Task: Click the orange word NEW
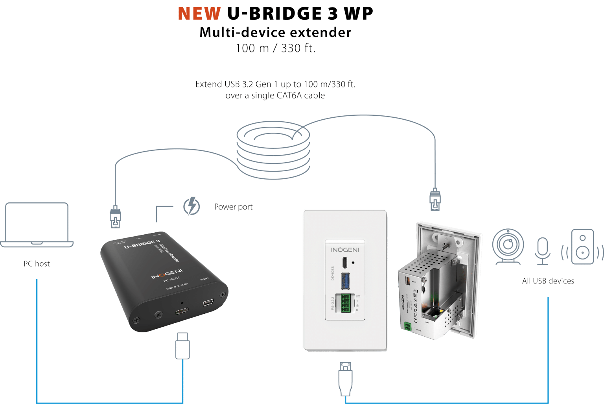point(199,13)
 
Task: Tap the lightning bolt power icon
point(192,206)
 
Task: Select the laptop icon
point(37,225)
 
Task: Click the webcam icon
point(508,246)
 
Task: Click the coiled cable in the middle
point(273,150)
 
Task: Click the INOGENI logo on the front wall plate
point(345,250)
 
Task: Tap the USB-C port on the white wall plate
point(344,262)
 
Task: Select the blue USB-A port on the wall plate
point(345,280)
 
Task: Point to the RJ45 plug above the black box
point(115,217)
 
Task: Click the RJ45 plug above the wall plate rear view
point(435,199)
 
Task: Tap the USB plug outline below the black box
point(182,346)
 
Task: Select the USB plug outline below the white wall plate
point(345,378)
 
